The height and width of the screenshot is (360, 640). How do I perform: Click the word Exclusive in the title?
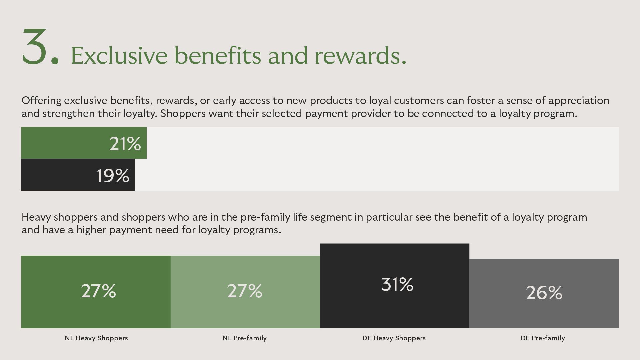[119, 55]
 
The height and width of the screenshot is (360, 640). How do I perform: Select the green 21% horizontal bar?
[84, 143]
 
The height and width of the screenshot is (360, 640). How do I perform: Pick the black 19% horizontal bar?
[78, 175]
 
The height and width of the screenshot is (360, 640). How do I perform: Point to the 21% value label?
[125, 144]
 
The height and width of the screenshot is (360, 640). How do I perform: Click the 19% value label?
[113, 175]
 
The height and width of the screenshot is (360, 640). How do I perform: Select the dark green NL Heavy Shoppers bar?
[96, 292]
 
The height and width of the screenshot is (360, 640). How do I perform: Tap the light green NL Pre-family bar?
[245, 292]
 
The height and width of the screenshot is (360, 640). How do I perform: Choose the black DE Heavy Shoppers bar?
[395, 286]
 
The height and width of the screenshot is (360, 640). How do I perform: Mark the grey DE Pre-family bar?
[544, 293]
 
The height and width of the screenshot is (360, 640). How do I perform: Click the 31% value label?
[397, 284]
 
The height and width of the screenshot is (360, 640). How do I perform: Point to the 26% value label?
[544, 293]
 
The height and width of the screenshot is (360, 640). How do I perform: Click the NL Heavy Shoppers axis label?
[96, 338]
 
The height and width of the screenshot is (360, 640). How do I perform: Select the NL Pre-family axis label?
[245, 338]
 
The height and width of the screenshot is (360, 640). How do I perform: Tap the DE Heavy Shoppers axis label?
[394, 338]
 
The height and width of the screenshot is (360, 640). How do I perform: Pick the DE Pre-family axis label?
[543, 338]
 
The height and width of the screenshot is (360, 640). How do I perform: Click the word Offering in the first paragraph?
[41, 101]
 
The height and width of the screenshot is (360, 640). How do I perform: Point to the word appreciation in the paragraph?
[579, 101]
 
